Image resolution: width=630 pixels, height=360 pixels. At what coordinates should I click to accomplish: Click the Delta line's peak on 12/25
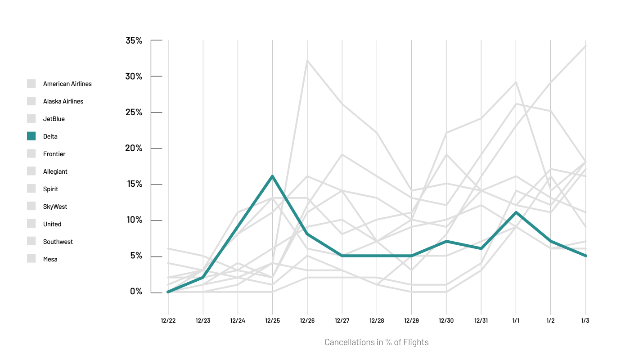tap(272, 176)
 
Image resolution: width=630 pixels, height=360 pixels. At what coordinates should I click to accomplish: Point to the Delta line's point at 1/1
tap(516, 212)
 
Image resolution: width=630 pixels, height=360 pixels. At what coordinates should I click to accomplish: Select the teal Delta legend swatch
tap(31, 136)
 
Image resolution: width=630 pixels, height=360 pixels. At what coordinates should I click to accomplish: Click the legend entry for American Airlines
tap(67, 84)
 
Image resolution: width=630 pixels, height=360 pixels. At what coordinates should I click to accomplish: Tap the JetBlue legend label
tap(54, 119)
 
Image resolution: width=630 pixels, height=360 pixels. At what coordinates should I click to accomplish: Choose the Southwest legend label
tap(58, 242)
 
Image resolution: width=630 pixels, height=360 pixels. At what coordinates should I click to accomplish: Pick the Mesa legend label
tap(50, 259)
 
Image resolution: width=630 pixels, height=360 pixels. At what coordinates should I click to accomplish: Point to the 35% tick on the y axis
tap(134, 40)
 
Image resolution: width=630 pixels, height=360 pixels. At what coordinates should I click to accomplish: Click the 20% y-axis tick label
tap(134, 148)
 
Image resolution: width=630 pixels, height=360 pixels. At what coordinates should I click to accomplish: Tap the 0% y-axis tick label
tap(136, 292)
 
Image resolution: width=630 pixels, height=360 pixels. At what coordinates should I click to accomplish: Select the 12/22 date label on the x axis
tap(168, 321)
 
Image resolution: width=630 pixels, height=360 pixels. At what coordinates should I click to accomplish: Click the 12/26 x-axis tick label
tap(307, 321)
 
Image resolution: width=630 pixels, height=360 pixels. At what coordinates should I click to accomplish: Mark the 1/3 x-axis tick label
tap(585, 321)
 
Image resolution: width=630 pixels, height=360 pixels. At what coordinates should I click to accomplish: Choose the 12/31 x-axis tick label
tap(481, 321)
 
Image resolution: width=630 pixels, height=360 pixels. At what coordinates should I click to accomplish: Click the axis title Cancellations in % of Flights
tap(376, 342)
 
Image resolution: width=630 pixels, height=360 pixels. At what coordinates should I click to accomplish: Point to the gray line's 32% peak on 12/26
tap(307, 60)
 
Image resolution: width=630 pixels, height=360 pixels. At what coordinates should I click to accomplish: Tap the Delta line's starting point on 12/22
tap(168, 292)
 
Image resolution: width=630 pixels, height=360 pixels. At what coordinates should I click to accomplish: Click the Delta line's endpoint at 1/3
tap(585, 256)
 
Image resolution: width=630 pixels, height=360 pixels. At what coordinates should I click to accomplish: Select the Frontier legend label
tap(54, 154)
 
